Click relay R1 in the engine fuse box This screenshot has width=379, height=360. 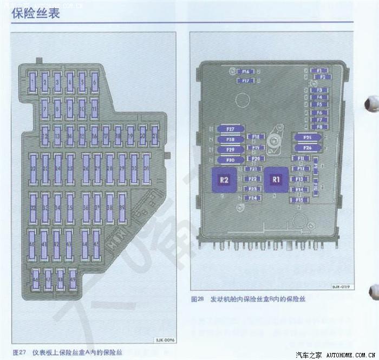pyautogui.click(x=277, y=178)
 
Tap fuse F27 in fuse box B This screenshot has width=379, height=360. pyautogui.click(x=231, y=129)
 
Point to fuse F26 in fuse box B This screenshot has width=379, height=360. pyautogui.click(x=307, y=147)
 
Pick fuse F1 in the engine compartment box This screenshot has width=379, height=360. pyautogui.click(x=319, y=70)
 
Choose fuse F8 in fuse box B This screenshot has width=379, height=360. pyautogui.click(x=319, y=127)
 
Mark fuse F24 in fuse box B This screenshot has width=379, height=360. pyautogui.click(x=252, y=198)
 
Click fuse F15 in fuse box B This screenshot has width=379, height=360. pyautogui.click(x=299, y=200)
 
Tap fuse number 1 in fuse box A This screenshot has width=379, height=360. pyautogui.click(x=34, y=83)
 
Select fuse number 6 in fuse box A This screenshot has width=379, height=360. pyautogui.click(x=95, y=83)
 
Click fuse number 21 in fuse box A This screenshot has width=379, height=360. pyautogui.click(x=154, y=136)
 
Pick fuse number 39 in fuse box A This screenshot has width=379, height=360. pyautogui.click(x=122, y=208)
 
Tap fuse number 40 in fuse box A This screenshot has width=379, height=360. pyautogui.click(x=32, y=245)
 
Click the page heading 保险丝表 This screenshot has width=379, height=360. pyautogui.click(x=35, y=12)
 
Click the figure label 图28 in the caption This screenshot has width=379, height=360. pyautogui.click(x=197, y=299)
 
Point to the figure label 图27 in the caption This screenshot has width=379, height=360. pyautogui.click(x=19, y=350)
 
